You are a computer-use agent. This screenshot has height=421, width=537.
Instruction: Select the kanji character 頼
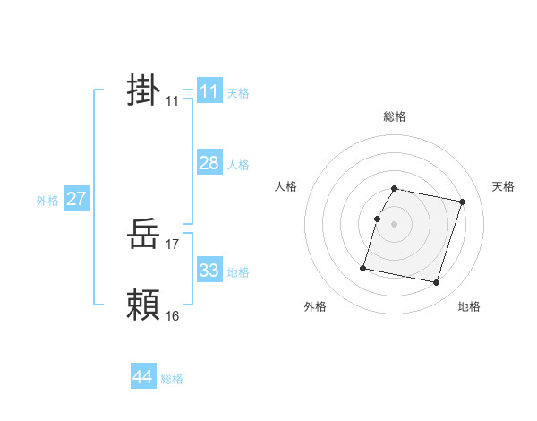coord(143,305)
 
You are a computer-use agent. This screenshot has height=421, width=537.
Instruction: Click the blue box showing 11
coord(209,91)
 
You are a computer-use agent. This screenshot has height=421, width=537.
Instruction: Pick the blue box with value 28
coord(209,163)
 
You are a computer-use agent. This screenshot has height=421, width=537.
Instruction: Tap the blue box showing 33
coord(209,271)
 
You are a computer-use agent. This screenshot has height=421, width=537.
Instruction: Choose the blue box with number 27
coord(77,199)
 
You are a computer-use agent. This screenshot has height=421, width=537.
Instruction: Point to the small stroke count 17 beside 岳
coord(173,244)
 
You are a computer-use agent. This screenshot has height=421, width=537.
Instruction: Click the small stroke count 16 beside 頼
coord(173,315)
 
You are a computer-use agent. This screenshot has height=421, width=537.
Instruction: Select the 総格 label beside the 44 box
coord(172,379)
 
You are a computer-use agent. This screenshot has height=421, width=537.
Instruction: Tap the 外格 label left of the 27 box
coord(47,201)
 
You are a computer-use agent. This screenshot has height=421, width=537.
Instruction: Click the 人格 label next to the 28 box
coord(238,165)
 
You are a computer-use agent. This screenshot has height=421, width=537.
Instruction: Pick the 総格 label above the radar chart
coord(395,116)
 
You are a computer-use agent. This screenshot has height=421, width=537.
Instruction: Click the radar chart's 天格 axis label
coord(504,186)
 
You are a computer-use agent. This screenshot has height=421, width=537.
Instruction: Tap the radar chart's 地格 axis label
coord(469,307)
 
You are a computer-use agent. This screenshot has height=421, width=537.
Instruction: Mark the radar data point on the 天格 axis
coord(462,202)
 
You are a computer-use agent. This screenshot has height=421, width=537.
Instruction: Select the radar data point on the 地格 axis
coord(436,282)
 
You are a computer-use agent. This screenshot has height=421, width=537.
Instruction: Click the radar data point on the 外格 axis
coord(363,267)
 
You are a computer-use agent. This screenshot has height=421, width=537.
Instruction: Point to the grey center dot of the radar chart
coord(395,224)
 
